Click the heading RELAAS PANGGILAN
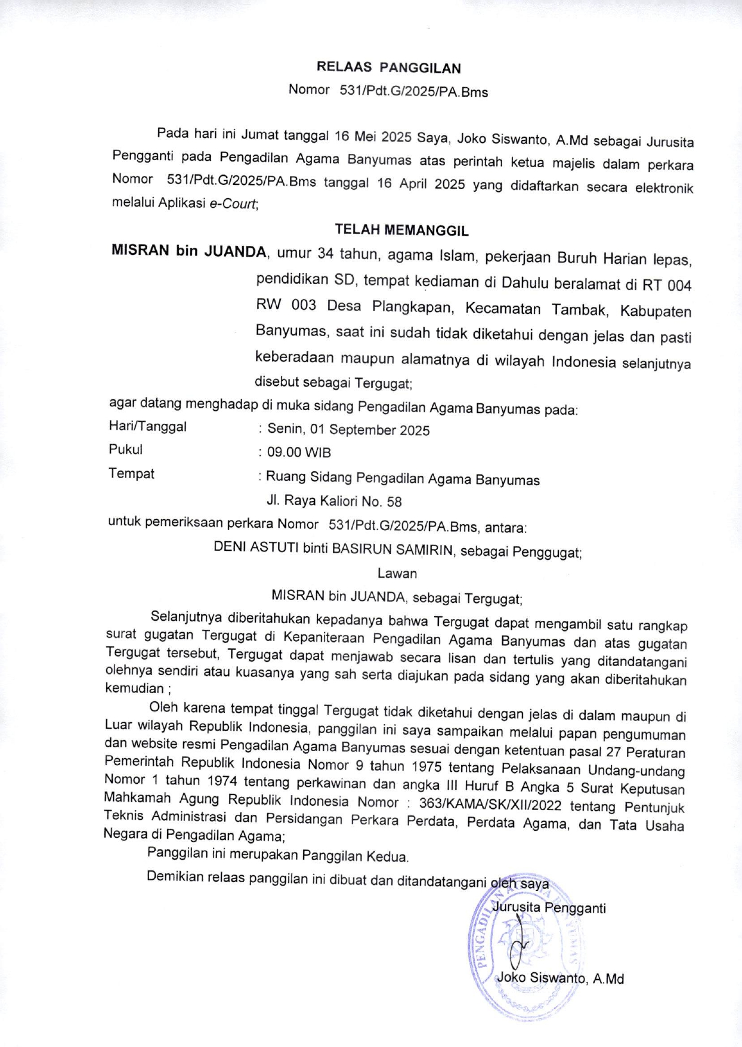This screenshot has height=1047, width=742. tap(388, 67)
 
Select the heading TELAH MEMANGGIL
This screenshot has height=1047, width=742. tap(401, 230)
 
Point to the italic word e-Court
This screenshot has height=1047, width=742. tap(232, 204)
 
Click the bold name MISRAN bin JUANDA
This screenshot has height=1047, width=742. tap(188, 251)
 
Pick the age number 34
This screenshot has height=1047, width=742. tap(325, 254)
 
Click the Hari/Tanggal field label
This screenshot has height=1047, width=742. tap(147, 426)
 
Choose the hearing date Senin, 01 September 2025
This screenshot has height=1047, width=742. tap(348, 430)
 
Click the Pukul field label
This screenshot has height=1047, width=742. tap(125, 449)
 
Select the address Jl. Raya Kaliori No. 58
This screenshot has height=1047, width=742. tap(334, 501)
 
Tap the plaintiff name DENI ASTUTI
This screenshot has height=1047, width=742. tap(256, 547)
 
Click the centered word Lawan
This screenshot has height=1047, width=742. tap(397, 574)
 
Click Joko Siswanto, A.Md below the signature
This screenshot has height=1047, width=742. tap(561, 978)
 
